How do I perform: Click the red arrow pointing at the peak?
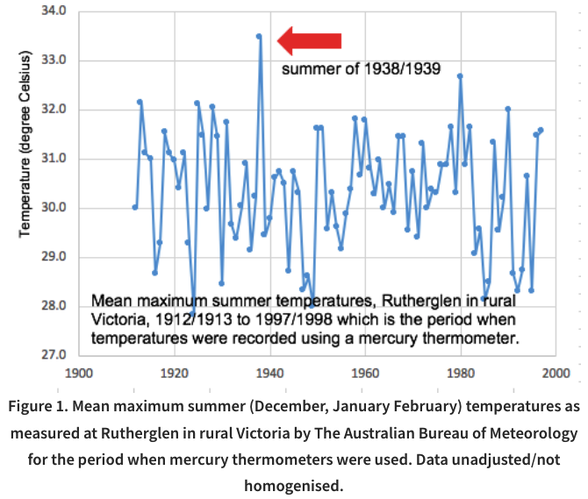coord(309,39)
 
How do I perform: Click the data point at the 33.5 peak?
coord(259,36)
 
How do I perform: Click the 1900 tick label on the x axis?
coord(79,372)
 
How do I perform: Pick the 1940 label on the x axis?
coord(270,372)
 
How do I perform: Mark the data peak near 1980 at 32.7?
coord(460,76)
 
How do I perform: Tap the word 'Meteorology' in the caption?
coord(524,432)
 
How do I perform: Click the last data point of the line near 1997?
coord(541,130)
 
